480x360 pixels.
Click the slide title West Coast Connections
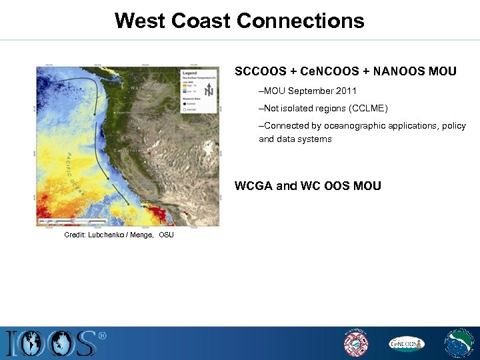(239, 20)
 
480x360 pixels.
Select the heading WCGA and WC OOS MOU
(308, 186)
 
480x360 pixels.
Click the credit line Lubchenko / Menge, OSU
(119, 235)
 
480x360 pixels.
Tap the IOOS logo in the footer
(53, 343)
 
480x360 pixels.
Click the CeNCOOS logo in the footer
(406, 343)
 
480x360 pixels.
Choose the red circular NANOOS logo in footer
(355, 343)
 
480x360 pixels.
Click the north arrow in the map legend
(209, 91)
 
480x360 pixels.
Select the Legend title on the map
(189, 73)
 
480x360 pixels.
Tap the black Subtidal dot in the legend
(184, 103)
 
